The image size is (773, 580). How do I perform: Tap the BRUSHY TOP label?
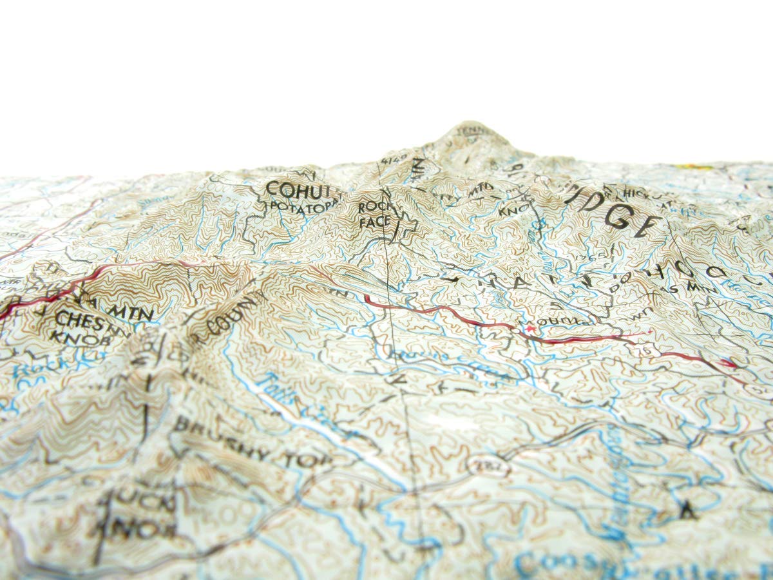[251, 449]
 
